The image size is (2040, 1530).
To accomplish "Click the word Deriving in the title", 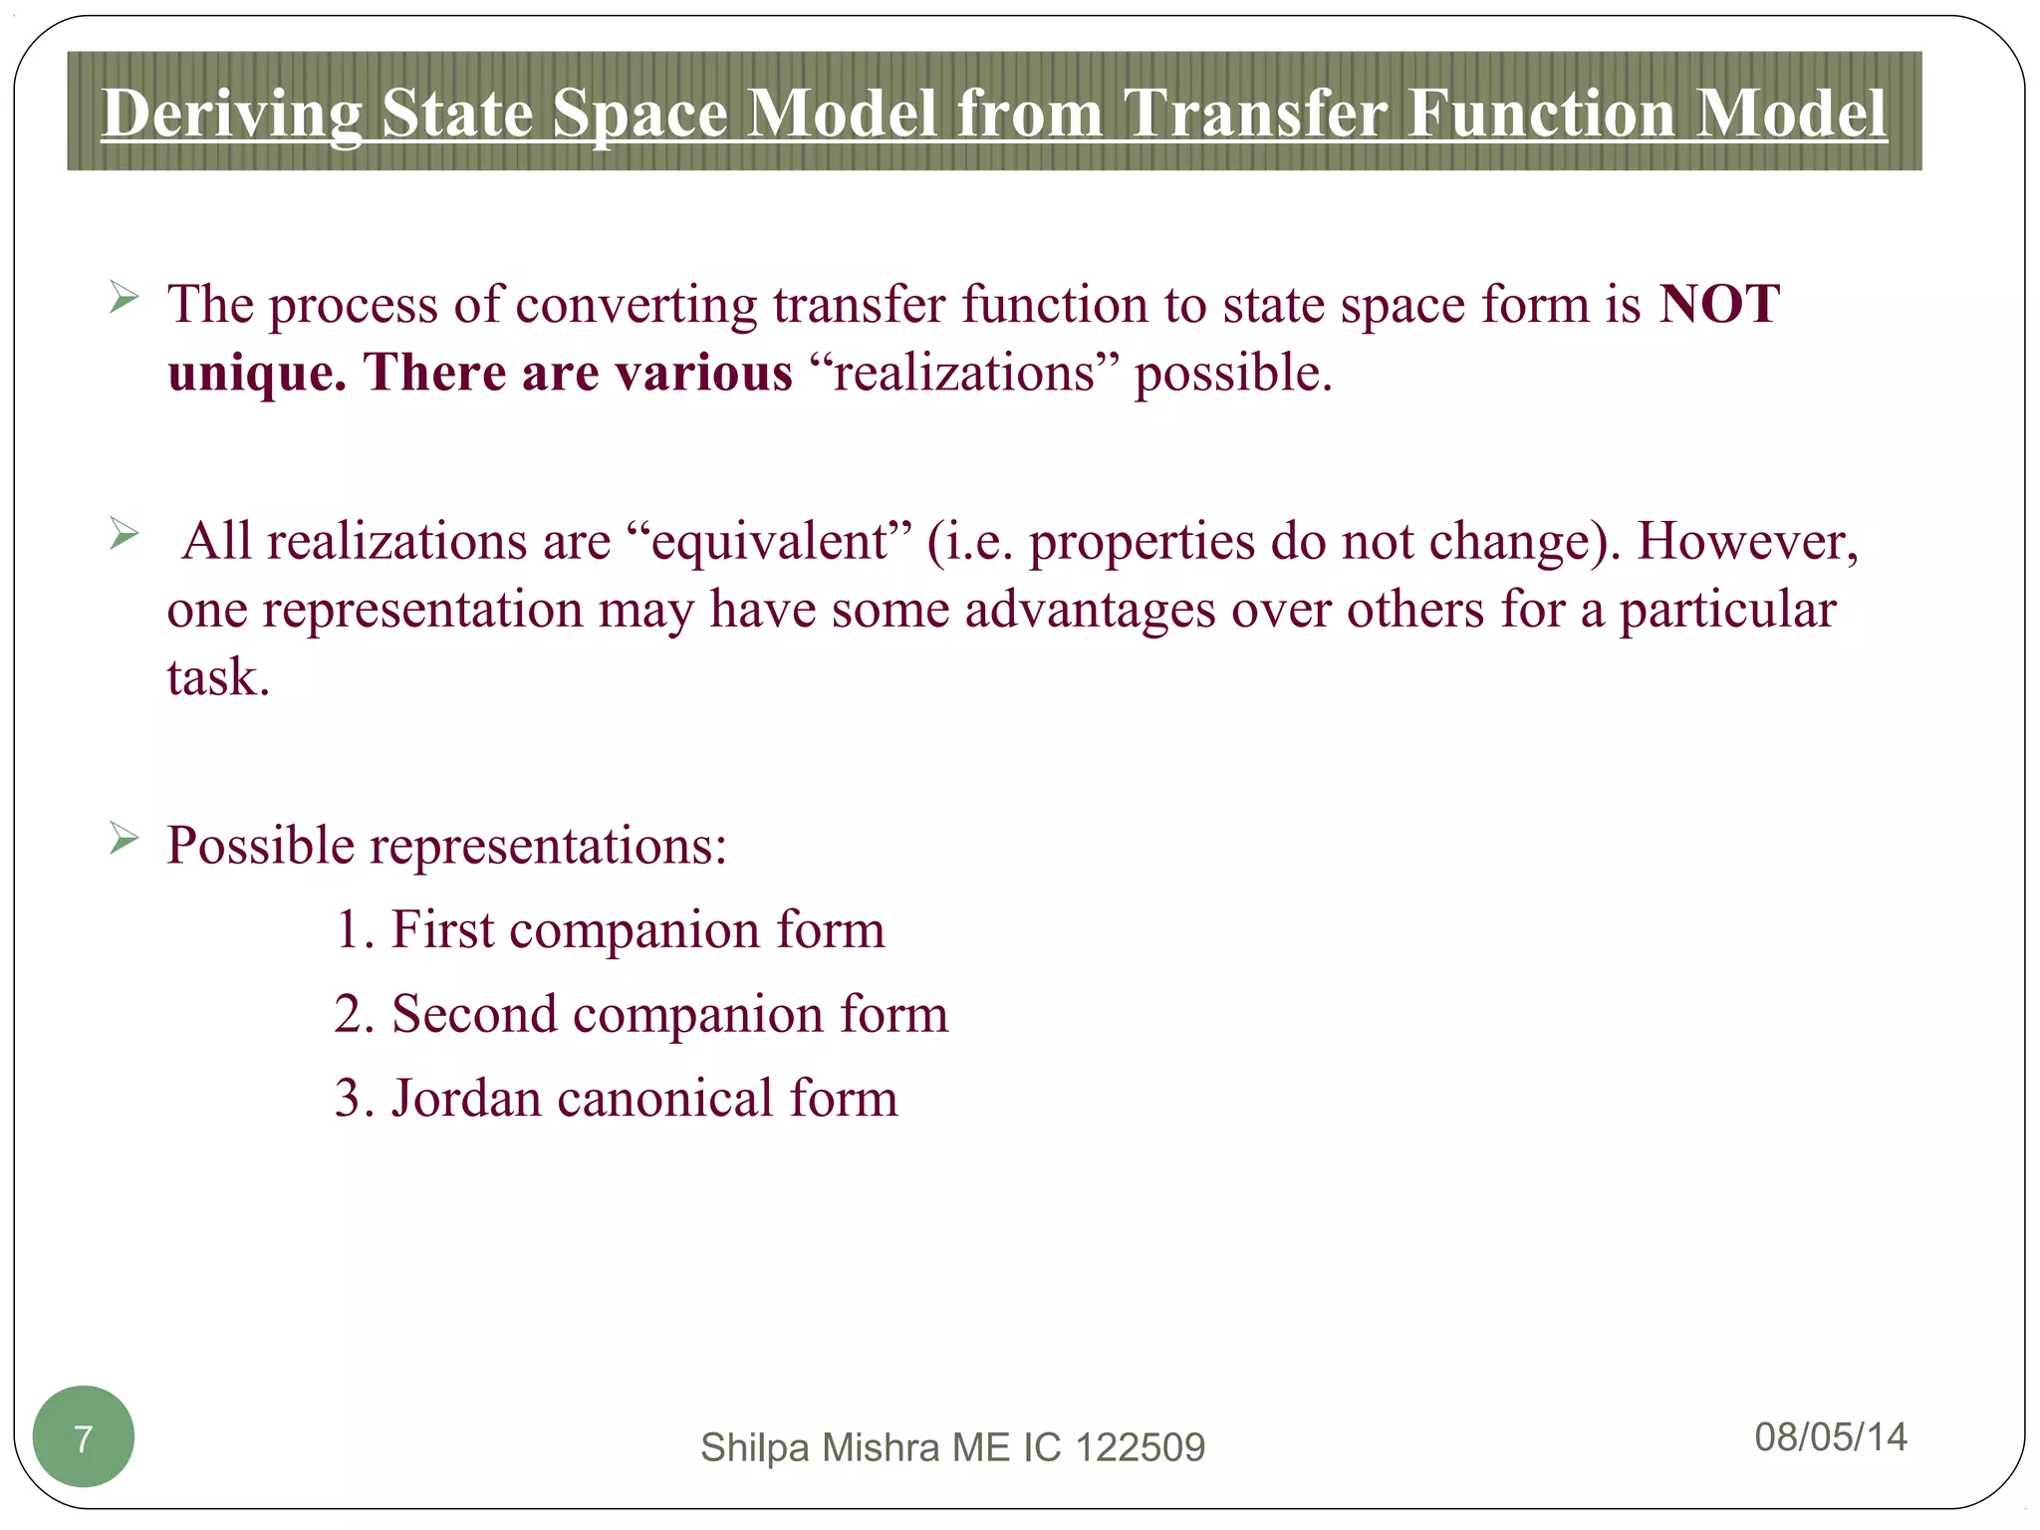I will [x=231, y=113].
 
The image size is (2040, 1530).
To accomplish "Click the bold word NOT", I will [x=1718, y=304].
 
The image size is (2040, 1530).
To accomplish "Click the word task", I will [x=217, y=678].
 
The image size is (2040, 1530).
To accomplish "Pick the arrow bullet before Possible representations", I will [x=124, y=839].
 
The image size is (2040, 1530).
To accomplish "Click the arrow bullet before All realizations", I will [x=124, y=534].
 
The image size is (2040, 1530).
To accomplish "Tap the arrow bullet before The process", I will [x=124, y=297].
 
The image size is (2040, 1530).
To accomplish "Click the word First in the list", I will [x=442, y=929].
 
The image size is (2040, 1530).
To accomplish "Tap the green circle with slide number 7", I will [x=84, y=1436].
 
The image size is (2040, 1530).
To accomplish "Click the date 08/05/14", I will [x=1830, y=1436].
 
